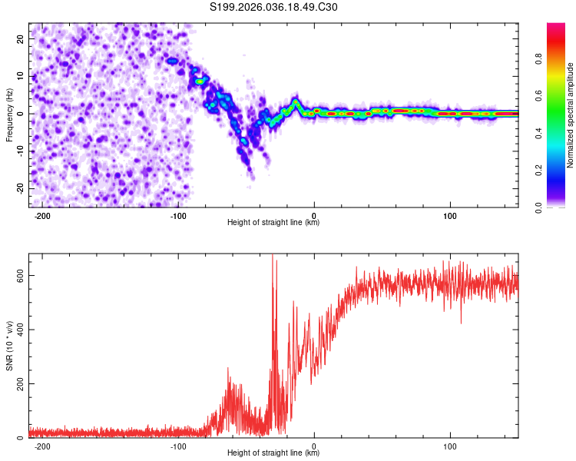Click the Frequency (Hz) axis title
click(x=9, y=115)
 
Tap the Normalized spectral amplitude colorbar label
click(x=571, y=115)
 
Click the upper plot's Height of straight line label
click(x=273, y=223)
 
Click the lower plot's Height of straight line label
click(x=273, y=453)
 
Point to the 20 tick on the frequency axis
click(x=21, y=38)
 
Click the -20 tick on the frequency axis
click(x=19, y=188)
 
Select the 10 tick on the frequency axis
click(x=21, y=76)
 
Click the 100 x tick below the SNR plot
click(x=450, y=446)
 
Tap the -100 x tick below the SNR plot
click(x=177, y=446)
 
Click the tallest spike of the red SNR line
click(x=273, y=257)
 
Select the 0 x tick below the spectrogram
click(x=314, y=215)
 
